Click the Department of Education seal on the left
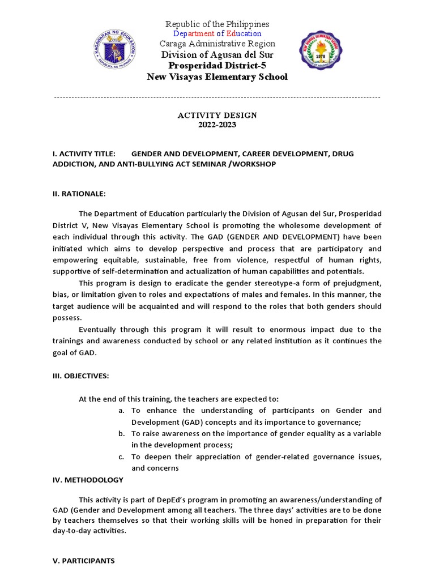[115, 50]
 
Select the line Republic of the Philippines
[217, 24]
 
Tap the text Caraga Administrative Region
[217, 44]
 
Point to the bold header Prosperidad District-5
[217, 65]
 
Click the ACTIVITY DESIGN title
[217, 115]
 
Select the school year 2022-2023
[217, 125]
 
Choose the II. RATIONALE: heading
[79, 194]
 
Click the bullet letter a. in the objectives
[121, 411]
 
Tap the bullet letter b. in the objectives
[121, 434]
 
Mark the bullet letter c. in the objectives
[121, 457]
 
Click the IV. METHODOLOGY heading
[87, 480]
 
